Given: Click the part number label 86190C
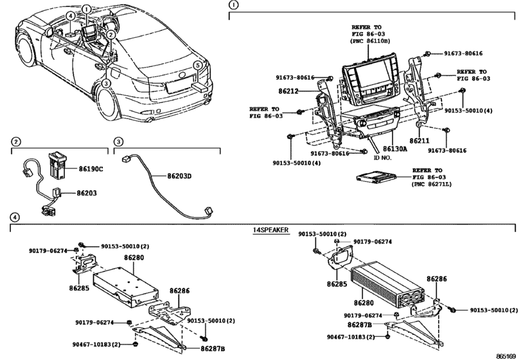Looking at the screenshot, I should (x=90, y=168).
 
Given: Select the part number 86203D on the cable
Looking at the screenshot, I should (x=179, y=175).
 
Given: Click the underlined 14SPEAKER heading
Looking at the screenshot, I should (x=270, y=230).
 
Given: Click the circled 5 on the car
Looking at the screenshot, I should (x=198, y=65).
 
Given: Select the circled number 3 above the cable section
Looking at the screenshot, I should (x=118, y=141).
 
